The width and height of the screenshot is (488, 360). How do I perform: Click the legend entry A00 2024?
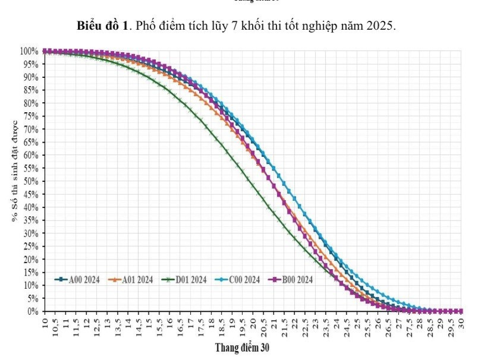click(77, 279)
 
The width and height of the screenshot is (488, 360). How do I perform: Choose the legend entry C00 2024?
click(237, 279)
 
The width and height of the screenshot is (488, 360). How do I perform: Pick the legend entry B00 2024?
click(291, 279)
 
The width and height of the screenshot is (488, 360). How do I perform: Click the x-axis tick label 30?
click(461, 324)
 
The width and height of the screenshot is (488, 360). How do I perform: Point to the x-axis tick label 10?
click(46, 324)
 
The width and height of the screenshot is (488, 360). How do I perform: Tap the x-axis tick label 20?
click(254, 324)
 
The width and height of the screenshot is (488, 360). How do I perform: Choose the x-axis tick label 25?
click(357, 324)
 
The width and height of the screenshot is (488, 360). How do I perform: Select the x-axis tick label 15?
click(150, 324)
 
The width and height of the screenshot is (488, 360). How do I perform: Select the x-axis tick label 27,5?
click(410, 326)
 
